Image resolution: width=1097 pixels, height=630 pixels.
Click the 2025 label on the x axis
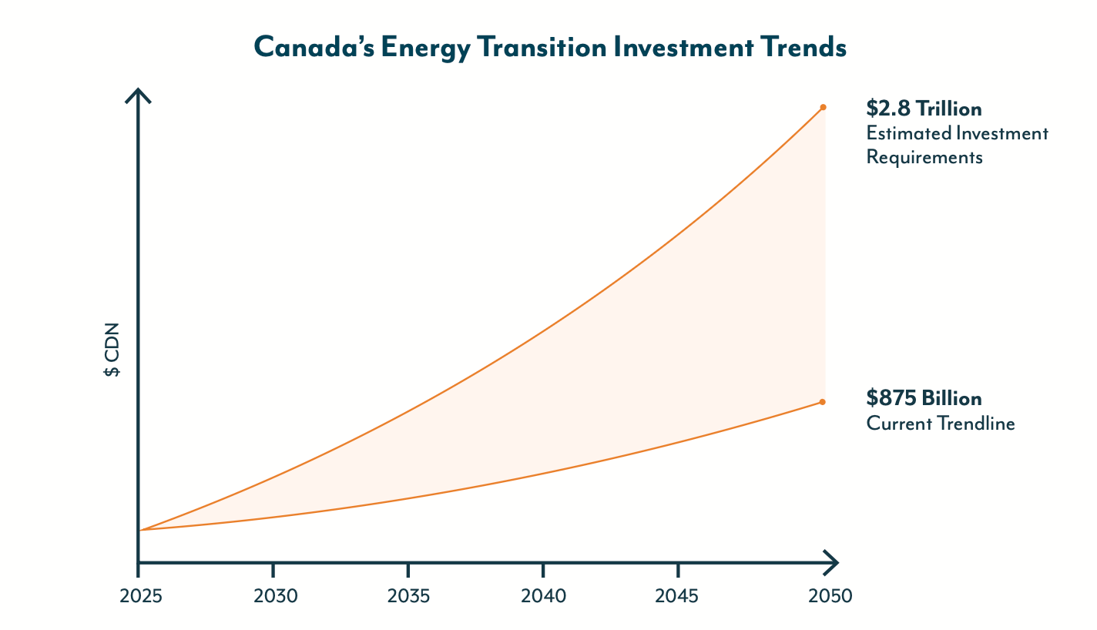click(x=138, y=597)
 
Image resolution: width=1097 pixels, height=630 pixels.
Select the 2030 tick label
click(x=273, y=597)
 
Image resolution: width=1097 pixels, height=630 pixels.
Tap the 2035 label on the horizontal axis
click(x=408, y=597)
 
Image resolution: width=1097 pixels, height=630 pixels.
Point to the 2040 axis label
click(x=543, y=597)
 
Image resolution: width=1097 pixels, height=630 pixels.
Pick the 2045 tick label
click(x=678, y=597)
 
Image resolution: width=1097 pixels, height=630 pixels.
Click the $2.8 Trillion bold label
click(x=924, y=108)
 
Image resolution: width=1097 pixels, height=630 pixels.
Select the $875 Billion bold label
click(x=924, y=398)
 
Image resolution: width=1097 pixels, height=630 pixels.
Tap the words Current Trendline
click(x=940, y=424)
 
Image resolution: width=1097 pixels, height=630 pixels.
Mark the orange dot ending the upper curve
click(x=823, y=107)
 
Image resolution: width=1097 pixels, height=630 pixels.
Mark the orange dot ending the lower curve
click(x=823, y=402)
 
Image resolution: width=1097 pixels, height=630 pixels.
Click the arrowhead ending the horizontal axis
click(x=832, y=562)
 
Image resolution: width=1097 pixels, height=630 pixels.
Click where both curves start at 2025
click(x=140, y=530)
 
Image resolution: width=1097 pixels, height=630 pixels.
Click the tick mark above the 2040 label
click(x=543, y=570)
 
